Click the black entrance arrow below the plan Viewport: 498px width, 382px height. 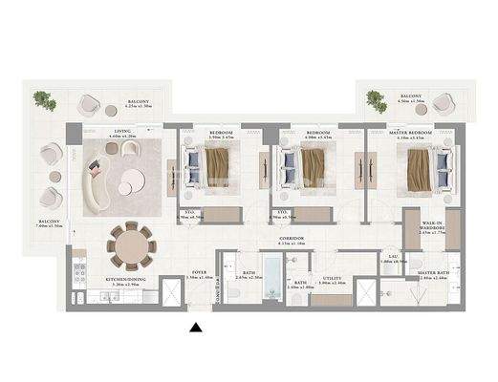(196, 328)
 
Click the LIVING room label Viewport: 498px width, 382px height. (121, 132)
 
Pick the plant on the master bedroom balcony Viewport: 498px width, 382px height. (377, 98)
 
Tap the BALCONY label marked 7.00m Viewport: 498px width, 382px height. (50, 221)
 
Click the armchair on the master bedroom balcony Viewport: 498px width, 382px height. (444, 103)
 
